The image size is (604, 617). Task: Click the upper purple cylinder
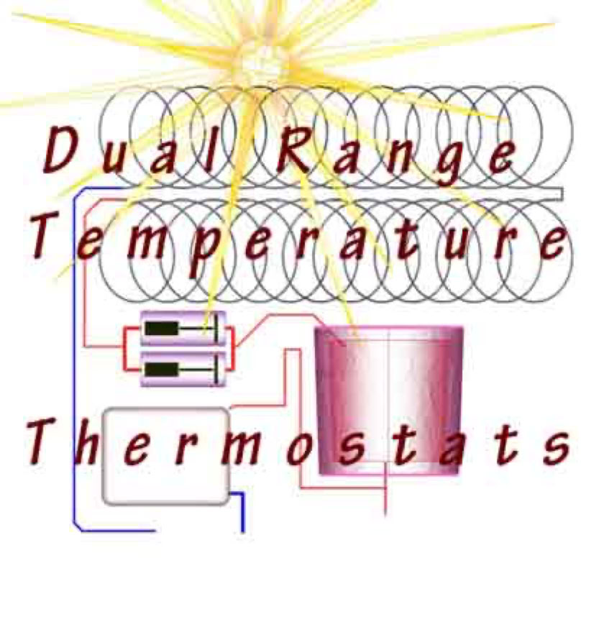pos(183,329)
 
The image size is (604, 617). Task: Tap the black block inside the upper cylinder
pos(162,329)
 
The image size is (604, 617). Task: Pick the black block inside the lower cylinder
pos(162,370)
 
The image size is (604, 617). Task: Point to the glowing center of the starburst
pos(260,61)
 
